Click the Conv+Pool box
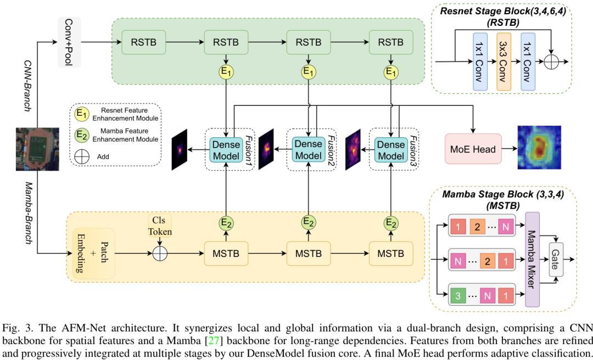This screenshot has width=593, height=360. (x=69, y=41)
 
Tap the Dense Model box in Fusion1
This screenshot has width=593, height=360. (x=226, y=149)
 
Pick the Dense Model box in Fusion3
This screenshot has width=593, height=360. (x=391, y=149)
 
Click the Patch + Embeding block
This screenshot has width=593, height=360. (x=94, y=254)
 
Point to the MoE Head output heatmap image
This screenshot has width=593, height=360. (x=539, y=147)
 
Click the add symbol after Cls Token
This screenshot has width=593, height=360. (x=159, y=254)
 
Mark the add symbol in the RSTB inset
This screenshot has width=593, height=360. (x=550, y=61)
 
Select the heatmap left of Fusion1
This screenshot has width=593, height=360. (x=180, y=149)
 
